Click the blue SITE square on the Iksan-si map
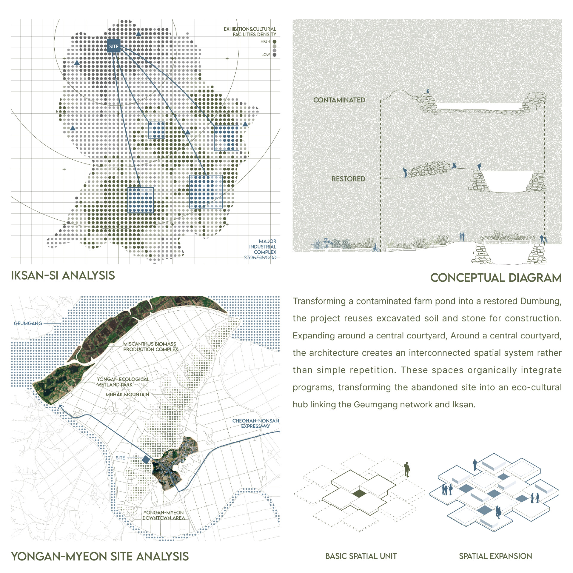pyautogui.click(x=114, y=46)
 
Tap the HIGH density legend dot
pyautogui.click(x=274, y=42)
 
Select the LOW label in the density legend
pyautogui.click(x=266, y=55)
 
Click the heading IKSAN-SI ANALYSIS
pyautogui.click(x=63, y=275)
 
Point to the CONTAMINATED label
pyautogui.click(x=339, y=100)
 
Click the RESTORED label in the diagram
pyautogui.click(x=349, y=179)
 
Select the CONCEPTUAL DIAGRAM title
pyautogui.click(x=496, y=278)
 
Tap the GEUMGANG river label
pyautogui.click(x=28, y=323)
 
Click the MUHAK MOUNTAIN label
pyautogui.click(x=127, y=395)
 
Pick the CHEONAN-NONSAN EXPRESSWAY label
pyautogui.click(x=256, y=423)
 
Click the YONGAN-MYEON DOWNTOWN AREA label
pyautogui.click(x=164, y=515)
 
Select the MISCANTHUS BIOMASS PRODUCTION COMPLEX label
pyautogui.click(x=151, y=346)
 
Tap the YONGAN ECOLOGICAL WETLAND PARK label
pyautogui.click(x=123, y=382)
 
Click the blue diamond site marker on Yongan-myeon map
pyautogui.click(x=146, y=460)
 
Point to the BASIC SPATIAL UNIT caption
pyautogui.click(x=361, y=556)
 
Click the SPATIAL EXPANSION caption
pyautogui.click(x=495, y=556)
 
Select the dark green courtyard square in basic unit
pyautogui.click(x=359, y=493)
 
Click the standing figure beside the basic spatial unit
pyautogui.click(x=406, y=469)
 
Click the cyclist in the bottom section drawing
pyautogui.click(x=376, y=248)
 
